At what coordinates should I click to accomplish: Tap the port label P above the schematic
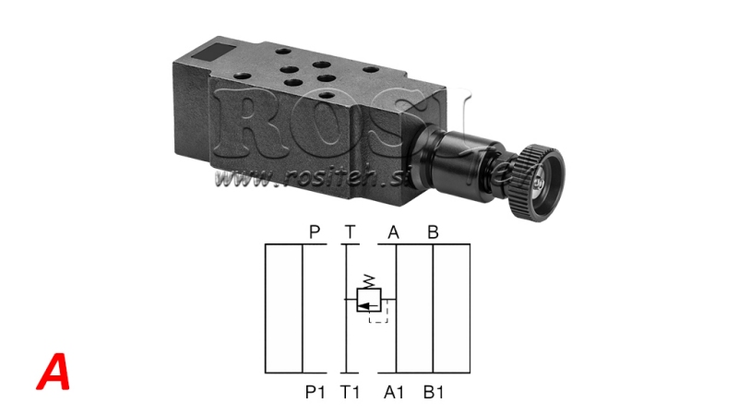click(x=315, y=232)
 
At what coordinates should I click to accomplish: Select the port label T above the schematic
click(x=350, y=232)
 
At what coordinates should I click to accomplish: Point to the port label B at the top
click(x=432, y=232)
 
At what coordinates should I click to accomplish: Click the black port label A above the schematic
click(x=394, y=232)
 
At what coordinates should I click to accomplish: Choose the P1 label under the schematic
click(x=316, y=391)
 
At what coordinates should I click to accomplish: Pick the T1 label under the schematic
click(x=351, y=391)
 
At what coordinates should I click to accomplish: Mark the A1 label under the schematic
click(x=395, y=391)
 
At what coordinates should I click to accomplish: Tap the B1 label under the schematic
click(x=434, y=391)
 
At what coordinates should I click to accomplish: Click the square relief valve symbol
click(x=369, y=300)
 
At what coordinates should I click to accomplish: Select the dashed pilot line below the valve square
click(x=379, y=318)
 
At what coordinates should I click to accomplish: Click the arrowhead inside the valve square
click(x=363, y=300)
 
